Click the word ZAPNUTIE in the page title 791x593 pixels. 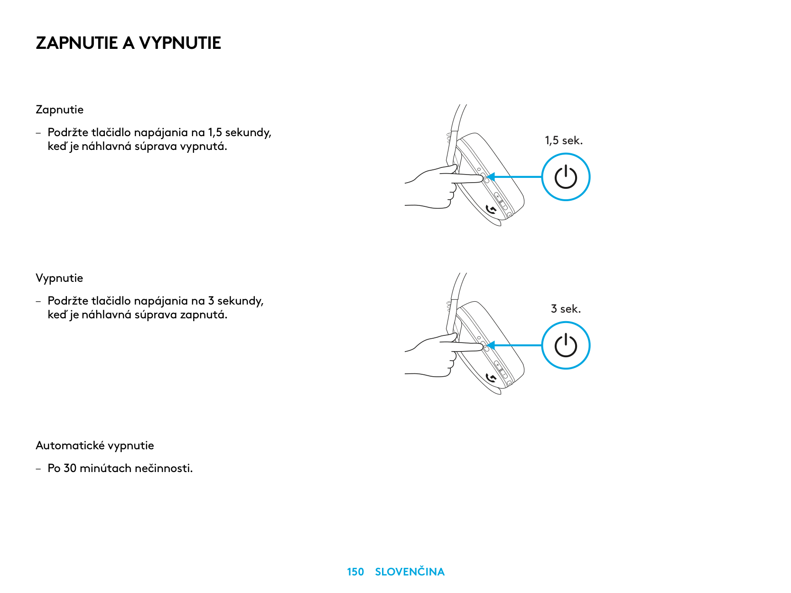pos(76,43)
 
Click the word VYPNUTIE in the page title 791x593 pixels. pos(180,43)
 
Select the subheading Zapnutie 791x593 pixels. pos(59,110)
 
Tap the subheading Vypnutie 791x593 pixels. pos(59,278)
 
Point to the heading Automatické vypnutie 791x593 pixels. pos(95,445)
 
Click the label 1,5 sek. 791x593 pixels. pos(564,140)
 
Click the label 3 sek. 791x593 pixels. pos(566,309)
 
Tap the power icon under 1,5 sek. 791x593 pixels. pos(566,177)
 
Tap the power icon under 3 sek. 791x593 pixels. pos(566,345)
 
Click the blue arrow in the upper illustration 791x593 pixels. pos(515,177)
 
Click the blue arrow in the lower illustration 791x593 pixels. pos(515,345)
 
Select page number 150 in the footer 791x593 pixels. pos(355,572)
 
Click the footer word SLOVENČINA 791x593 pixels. pos(409,572)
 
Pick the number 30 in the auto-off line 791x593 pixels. pos(70,468)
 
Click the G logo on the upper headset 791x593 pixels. pos(492,209)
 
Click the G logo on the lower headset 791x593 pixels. pos(492,378)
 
